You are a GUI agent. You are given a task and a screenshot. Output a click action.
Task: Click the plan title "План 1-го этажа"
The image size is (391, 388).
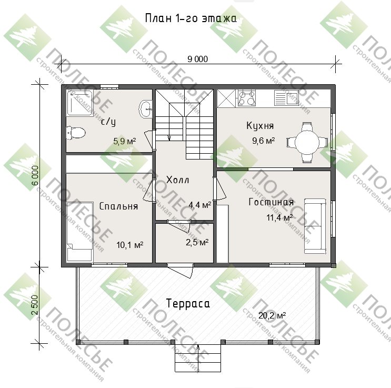pos(191,18)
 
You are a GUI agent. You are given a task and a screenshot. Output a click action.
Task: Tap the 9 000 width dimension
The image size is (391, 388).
pos(197,59)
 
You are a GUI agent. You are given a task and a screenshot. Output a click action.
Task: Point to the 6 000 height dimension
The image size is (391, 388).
pos(35,175)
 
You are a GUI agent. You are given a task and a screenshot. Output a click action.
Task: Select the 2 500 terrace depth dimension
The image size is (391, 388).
pos(35,305)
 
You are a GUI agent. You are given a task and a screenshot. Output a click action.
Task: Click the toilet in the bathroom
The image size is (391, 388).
pos(76,133)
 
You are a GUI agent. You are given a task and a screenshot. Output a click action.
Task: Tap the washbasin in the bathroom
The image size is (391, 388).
pos(145,108)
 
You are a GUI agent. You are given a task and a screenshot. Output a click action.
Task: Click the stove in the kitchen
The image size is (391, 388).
pos(247,97)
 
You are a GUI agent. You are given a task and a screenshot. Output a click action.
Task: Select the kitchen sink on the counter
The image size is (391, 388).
pos(286,97)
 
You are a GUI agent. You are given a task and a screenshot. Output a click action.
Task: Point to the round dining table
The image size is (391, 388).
pos(307,143)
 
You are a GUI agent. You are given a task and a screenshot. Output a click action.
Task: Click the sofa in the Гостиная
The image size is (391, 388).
pos(315,226)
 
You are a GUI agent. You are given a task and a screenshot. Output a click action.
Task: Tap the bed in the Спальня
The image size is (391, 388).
pos(79,232)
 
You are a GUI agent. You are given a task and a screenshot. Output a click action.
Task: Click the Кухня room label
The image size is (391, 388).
pos(260,125)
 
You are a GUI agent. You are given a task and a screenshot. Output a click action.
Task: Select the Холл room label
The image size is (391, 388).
pos(178,180)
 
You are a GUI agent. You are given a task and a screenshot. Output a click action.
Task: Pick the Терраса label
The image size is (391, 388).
pos(188,304)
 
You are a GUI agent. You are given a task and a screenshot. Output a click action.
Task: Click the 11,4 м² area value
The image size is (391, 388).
pos(279,217)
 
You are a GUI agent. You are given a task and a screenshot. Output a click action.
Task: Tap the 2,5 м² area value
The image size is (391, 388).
pos(197,242)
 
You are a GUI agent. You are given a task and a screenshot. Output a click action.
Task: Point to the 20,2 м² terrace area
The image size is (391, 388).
pos(272,316)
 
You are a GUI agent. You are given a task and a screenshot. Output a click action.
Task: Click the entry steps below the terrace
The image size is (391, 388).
pos(198,358)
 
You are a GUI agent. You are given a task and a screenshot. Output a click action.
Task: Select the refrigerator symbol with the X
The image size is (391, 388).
pos(226,98)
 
